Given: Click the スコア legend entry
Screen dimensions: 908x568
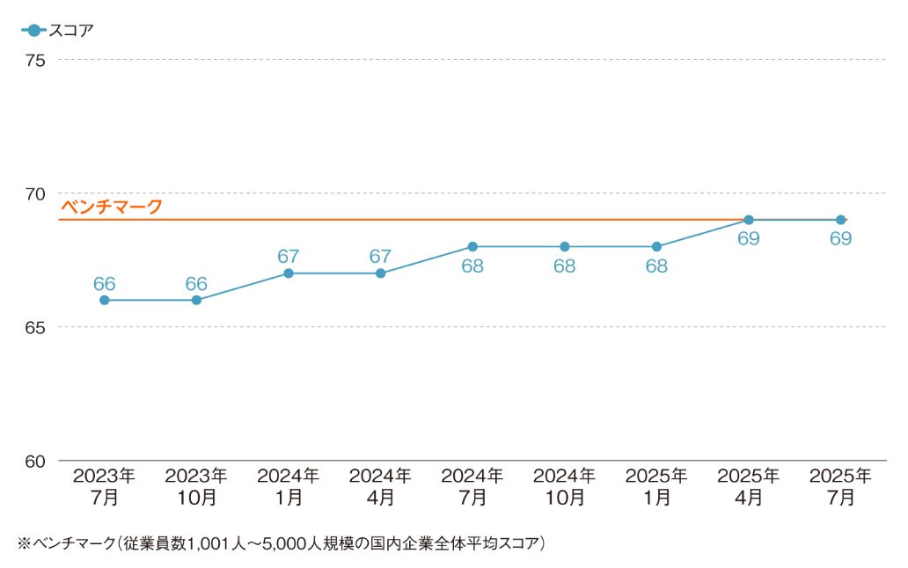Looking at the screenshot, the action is [x=57, y=30].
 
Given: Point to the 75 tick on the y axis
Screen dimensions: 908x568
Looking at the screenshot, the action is [x=35, y=60].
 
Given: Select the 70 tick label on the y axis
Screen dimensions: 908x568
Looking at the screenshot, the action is [x=35, y=193].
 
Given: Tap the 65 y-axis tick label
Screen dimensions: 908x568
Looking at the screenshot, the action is [x=35, y=327].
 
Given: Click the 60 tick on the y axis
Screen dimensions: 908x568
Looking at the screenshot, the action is [x=35, y=462].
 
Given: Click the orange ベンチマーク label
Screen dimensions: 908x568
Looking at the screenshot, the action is [x=112, y=207].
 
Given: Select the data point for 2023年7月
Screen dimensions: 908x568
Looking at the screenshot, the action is [x=104, y=300].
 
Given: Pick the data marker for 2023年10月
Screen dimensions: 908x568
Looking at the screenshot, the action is [x=196, y=300].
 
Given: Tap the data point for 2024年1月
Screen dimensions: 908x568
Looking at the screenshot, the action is [x=289, y=273].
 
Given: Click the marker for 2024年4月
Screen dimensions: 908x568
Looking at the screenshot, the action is [x=380, y=273].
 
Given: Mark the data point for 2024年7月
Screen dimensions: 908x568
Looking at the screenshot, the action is [x=472, y=247].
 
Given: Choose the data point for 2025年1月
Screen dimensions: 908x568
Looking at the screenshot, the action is [x=656, y=247].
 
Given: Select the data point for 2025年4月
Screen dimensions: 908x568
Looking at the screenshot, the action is [x=749, y=220].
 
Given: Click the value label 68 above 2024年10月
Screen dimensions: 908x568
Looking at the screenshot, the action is [x=565, y=266].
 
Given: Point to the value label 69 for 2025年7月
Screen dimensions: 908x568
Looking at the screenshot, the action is [x=841, y=238].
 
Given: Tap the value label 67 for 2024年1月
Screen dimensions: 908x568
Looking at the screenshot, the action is [x=289, y=256].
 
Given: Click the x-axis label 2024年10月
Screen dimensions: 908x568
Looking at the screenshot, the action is [x=565, y=486].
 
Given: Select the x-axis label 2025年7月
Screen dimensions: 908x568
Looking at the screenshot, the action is [x=841, y=486].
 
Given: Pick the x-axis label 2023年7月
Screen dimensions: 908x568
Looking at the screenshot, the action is [x=104, y=486].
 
